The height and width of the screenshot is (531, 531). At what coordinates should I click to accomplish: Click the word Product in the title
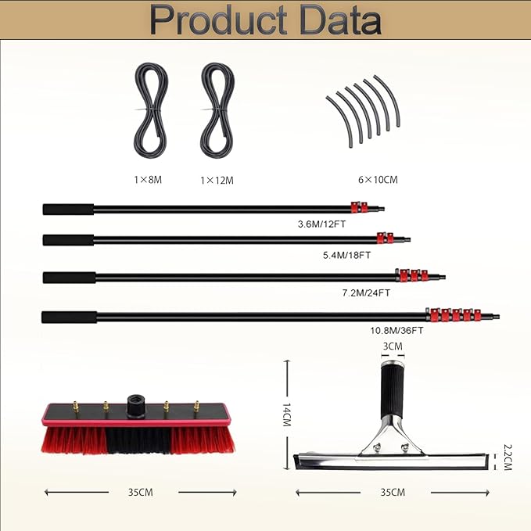(x=218, y=20)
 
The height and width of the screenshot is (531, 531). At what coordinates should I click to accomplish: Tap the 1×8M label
(x=148, y=180)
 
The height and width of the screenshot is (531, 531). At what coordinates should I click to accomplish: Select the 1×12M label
(x=217, y=181)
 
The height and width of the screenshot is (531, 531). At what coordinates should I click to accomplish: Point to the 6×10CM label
(x=378, y=180)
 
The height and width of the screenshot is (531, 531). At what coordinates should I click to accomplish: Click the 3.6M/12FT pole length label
(x=321, y=224)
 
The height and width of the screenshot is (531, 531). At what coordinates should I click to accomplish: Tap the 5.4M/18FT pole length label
(x=346, y=255)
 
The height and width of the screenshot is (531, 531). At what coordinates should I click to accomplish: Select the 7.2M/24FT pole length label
(x=366, y=292)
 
